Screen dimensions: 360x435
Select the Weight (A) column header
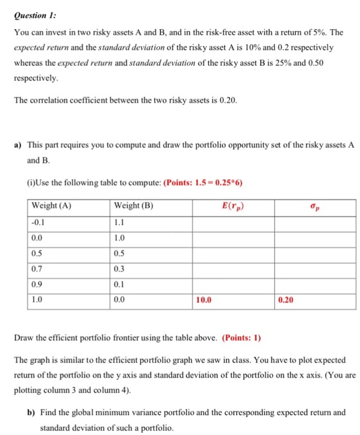(x=51, y=207)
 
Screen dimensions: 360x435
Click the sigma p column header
(x=315, y=207)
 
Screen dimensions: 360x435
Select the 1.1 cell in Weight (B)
(x=119, y=223)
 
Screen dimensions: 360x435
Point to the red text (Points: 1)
(x=241, y=338)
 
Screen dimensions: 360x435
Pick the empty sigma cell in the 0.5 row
(x=315, y=254)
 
